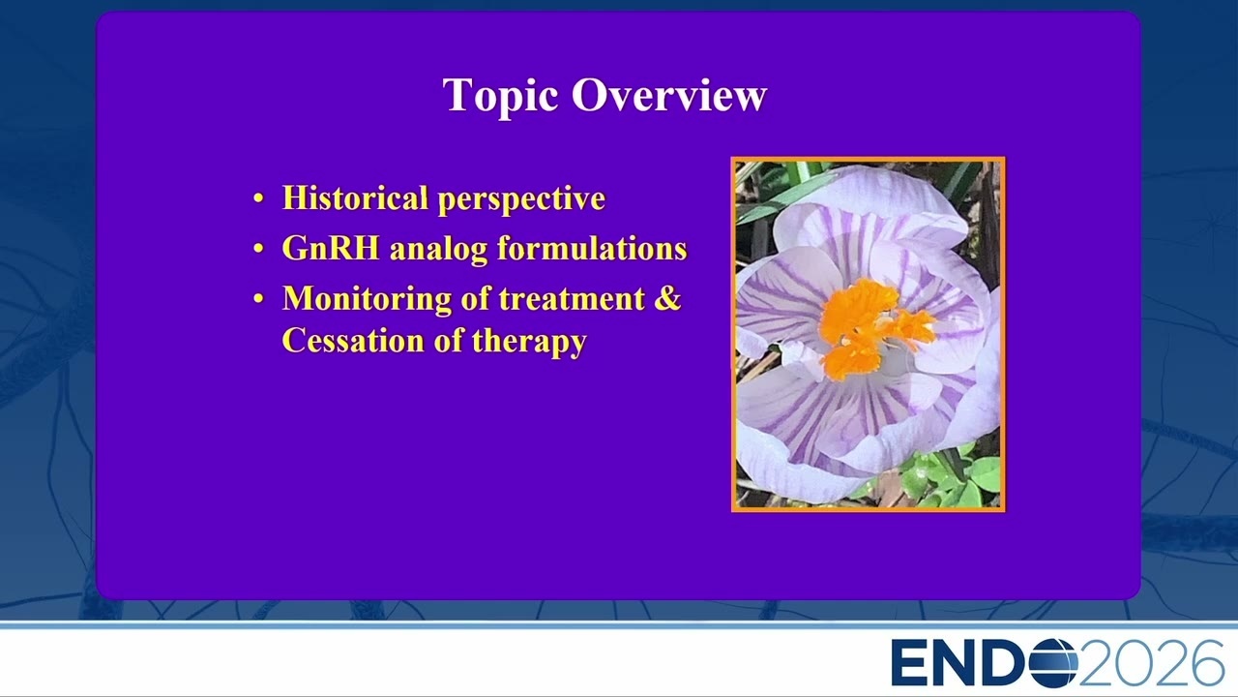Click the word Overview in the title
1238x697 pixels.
(668, 95)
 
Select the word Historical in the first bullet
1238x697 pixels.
(355, 197)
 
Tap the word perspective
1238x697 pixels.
(521, 199)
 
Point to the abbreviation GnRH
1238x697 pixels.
(331, 248)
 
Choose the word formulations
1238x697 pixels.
(592, 248)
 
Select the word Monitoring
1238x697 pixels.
(367, 300)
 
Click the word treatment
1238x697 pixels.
(572, 299)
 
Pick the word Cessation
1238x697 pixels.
(353, 340)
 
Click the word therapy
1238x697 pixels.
(529, 342)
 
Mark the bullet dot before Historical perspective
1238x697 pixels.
(258, 198)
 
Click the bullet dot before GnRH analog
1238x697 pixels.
(258, 249)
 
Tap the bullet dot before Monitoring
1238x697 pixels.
(258, 299)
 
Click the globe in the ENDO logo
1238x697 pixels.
(1053, 662)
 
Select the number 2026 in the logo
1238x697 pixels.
(1152, 662)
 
